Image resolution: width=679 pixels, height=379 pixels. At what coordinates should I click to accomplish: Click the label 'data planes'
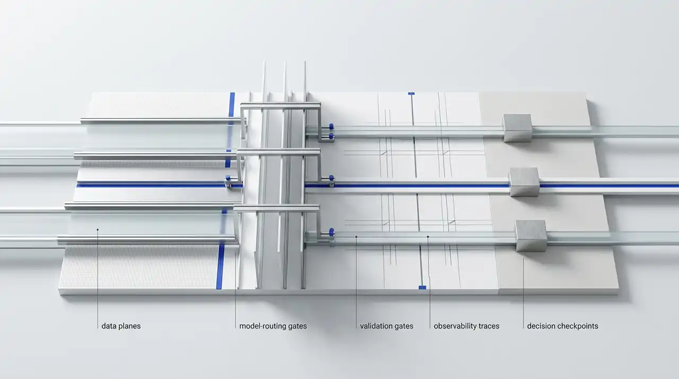121,326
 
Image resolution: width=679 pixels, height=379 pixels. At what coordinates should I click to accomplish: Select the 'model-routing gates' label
273,326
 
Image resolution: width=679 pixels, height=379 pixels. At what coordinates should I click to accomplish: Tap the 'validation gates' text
387,326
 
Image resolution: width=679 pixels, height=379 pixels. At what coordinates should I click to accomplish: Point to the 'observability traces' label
466,326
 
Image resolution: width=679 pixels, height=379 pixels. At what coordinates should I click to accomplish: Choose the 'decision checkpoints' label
562,326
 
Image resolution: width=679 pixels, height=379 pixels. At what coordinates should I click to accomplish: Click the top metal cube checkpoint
517,127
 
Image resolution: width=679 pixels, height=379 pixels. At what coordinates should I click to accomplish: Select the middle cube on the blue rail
524,182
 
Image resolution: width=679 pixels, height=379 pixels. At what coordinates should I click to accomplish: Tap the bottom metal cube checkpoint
531,236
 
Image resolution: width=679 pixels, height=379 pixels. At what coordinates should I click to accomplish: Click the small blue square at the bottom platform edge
422,287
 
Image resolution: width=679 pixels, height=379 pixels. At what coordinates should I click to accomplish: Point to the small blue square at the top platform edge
411,94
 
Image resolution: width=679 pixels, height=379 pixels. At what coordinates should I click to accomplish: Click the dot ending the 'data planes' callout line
98,229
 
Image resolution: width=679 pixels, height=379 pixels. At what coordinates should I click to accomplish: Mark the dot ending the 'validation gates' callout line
356,237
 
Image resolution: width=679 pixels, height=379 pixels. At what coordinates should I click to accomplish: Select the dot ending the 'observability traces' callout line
428,237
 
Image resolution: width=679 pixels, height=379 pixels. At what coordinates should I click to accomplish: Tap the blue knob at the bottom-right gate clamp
332,232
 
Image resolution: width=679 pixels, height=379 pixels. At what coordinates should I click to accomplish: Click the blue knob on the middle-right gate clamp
332,179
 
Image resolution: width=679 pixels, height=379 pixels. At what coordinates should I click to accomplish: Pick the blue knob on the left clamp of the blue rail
228,178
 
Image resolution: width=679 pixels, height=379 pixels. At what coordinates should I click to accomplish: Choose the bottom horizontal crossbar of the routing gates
276,208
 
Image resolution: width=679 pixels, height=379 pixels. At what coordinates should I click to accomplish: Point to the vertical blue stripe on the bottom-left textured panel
220,265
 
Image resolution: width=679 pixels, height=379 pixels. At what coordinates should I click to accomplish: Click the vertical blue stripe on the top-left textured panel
232,105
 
